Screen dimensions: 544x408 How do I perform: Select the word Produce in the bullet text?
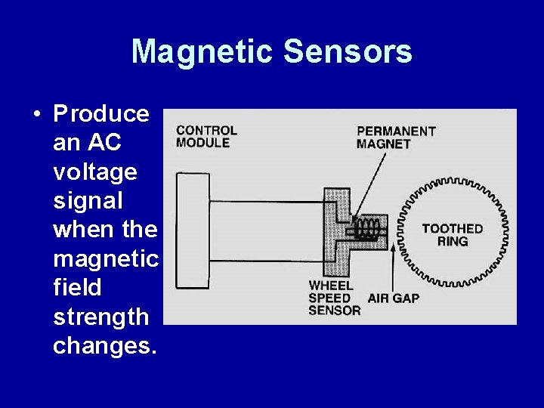tap(101, 114)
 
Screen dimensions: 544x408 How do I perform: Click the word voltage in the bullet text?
tap(95, 172)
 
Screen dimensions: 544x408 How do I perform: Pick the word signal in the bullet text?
tap(88, 201)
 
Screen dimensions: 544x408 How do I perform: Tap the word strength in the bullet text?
tap(101, 317)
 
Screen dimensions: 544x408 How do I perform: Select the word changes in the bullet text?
tap(104, 345)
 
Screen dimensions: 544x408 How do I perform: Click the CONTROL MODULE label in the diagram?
tap(206, 136)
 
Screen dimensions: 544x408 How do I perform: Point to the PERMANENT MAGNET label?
tap(396, 137)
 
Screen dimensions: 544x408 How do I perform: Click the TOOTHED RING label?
tap(452, 234)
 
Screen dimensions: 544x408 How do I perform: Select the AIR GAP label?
tap(393, 298)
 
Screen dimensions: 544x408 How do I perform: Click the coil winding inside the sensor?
tap(369, 229)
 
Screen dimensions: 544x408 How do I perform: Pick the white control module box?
tap(193, 230)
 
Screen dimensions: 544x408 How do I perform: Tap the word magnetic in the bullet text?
tap(106, 259)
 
